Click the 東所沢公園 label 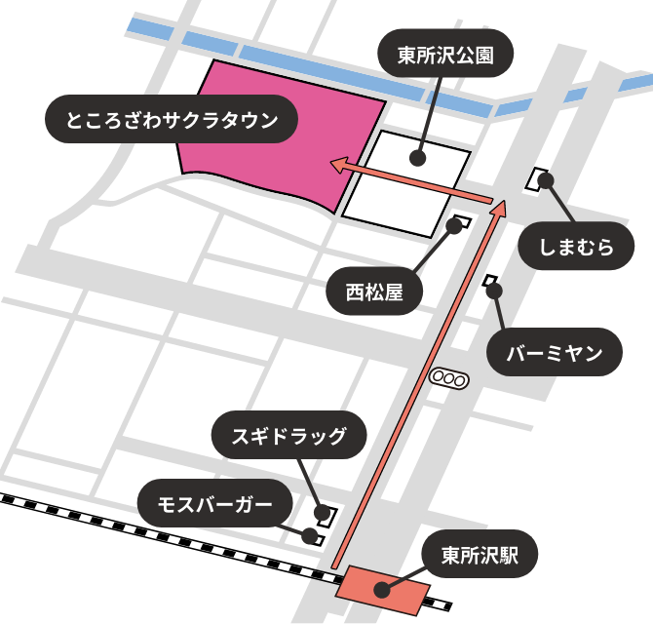click(444, 56)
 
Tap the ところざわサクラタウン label click(171, 121)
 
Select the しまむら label click(579, 249)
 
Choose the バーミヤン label click(555, 353)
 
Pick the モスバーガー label click(214, 503)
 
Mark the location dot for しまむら click(545, 181)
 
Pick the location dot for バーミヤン click(494, 291)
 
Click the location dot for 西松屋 click(453, 225)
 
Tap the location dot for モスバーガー click(310, 534)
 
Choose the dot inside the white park click(417, 156)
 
